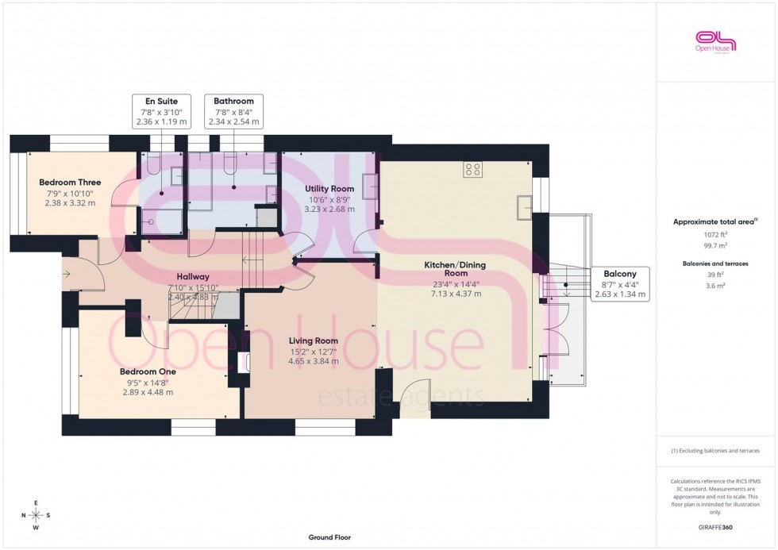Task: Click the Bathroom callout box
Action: click(233, 112)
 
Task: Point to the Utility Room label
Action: click(329, 188)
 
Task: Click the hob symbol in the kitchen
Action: click(472, 169)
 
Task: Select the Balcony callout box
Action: click(620, 283)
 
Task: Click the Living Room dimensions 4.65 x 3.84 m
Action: click(313, 361)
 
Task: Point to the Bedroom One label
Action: click(148, 371)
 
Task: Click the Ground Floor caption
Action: click(329, 537)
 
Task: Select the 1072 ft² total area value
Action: click(715, 235)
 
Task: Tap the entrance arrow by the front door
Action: click(66, 274)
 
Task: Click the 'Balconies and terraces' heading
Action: click(715, 263)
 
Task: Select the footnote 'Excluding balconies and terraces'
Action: click(715, 450)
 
